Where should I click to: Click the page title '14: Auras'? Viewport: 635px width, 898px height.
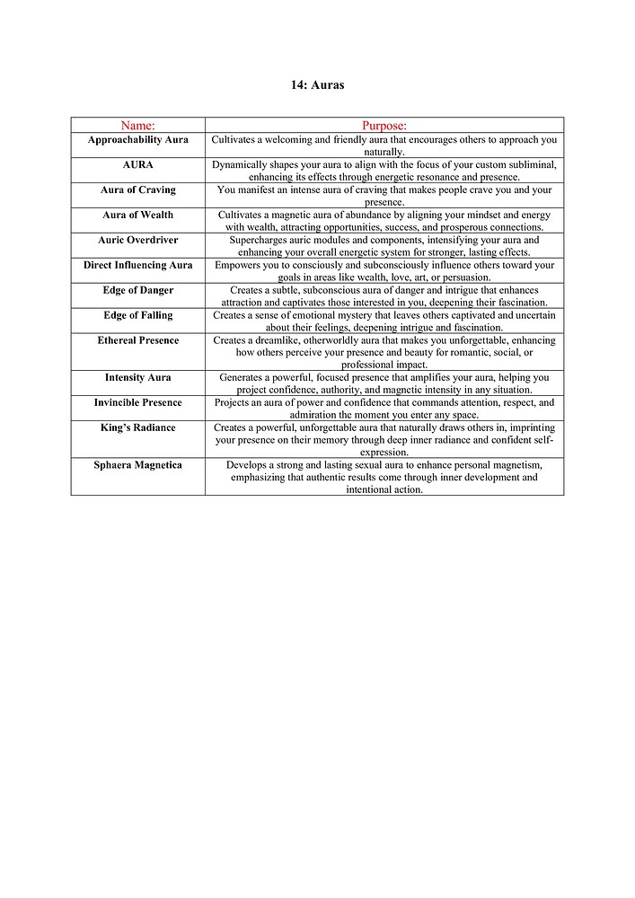(x=317, y=85)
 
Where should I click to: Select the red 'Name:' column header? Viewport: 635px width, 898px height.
(x=137, y=126)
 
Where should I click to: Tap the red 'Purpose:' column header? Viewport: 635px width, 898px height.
(x=384, y=126)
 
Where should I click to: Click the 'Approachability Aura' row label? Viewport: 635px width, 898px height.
(x=137, y=140)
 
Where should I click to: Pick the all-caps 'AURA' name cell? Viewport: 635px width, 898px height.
(x=137, y=165)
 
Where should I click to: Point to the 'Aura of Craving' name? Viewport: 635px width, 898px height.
(x=137, y=190)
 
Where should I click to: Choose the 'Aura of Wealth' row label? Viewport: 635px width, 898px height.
(x=137, y=216)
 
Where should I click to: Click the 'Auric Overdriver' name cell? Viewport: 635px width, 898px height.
(x=137, y=241)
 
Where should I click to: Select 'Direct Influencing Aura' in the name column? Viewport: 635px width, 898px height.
(x=137, y=266)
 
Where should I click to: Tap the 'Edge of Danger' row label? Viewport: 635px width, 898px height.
(x=137, y=291)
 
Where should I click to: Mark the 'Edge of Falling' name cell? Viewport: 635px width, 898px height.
(x=137, y=316)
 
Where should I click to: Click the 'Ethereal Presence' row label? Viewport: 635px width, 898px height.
(x=137, y=341)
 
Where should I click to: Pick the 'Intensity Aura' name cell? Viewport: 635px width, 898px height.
(x=137, y=378)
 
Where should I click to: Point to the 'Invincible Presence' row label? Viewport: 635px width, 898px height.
(x=137, y=403)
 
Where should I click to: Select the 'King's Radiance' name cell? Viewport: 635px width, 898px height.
(x=137, y=428)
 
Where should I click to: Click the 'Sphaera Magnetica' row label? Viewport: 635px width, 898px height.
(x=137, y=465)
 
